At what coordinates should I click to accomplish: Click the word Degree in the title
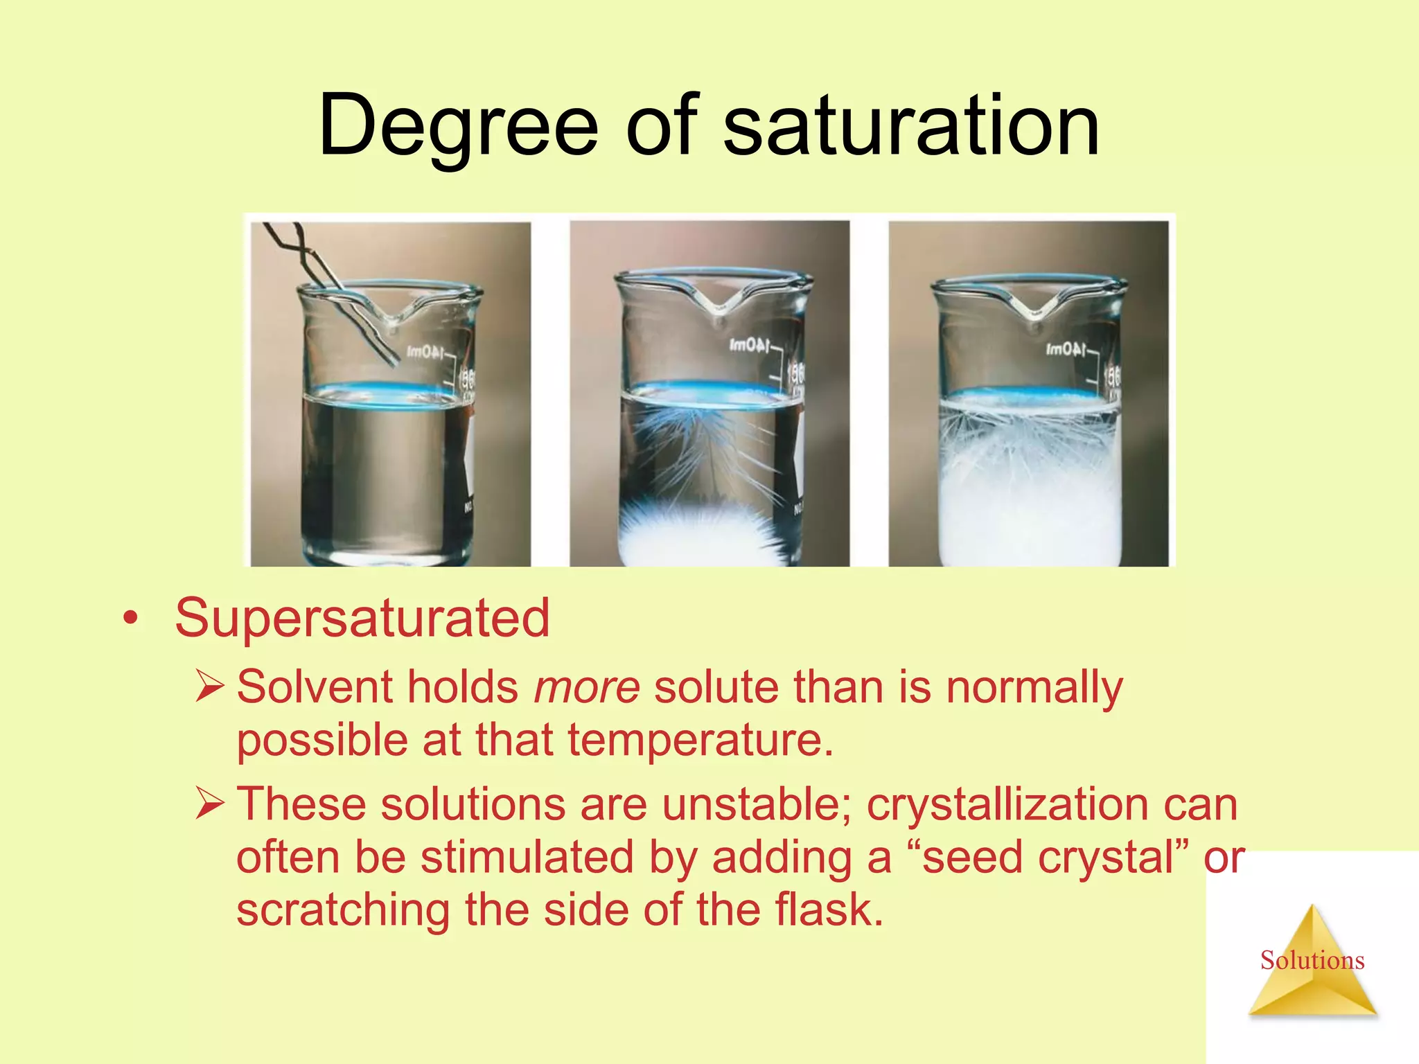[457, 127]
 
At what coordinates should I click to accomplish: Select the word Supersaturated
[362, 618]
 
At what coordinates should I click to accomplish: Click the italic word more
[587, 687]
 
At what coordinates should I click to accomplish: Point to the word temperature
[700, 740]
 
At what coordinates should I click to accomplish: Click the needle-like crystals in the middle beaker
[707, 450]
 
